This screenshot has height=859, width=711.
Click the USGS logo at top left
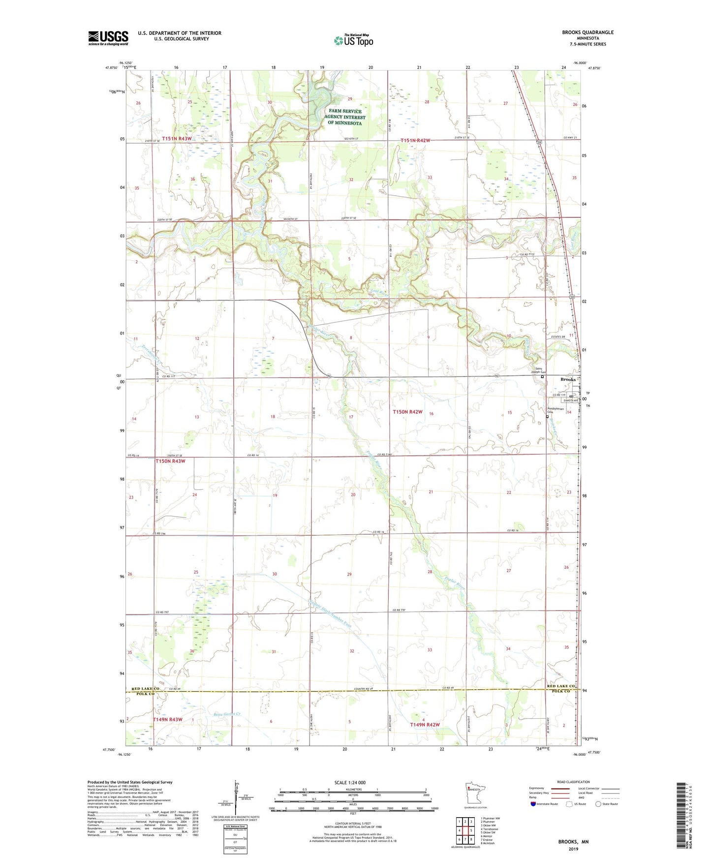[x=108, y=38]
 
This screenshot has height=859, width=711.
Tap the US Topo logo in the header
[x=353, y=40]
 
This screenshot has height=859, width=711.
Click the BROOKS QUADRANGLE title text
[x=587, y=32]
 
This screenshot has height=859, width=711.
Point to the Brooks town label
[x=568, y=379]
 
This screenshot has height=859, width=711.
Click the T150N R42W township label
[x=407, y=412]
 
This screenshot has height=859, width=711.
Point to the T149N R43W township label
[x=167, y=719]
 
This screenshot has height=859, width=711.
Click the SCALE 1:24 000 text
[x=350, y=782]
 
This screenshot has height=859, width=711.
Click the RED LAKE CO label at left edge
[x=146, y=688]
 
